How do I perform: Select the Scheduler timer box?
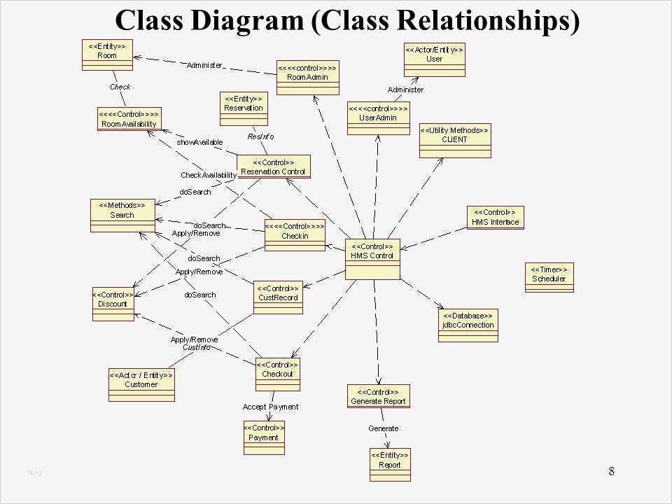coord(549,277)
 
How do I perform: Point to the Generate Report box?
coord(378,397)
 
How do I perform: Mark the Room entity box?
coord(107,55)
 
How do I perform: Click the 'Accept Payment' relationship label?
coord(270,407)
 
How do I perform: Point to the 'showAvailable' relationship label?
coord(199,142)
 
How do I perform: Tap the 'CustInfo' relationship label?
coord(196,347)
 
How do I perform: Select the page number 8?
coord(611,470)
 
